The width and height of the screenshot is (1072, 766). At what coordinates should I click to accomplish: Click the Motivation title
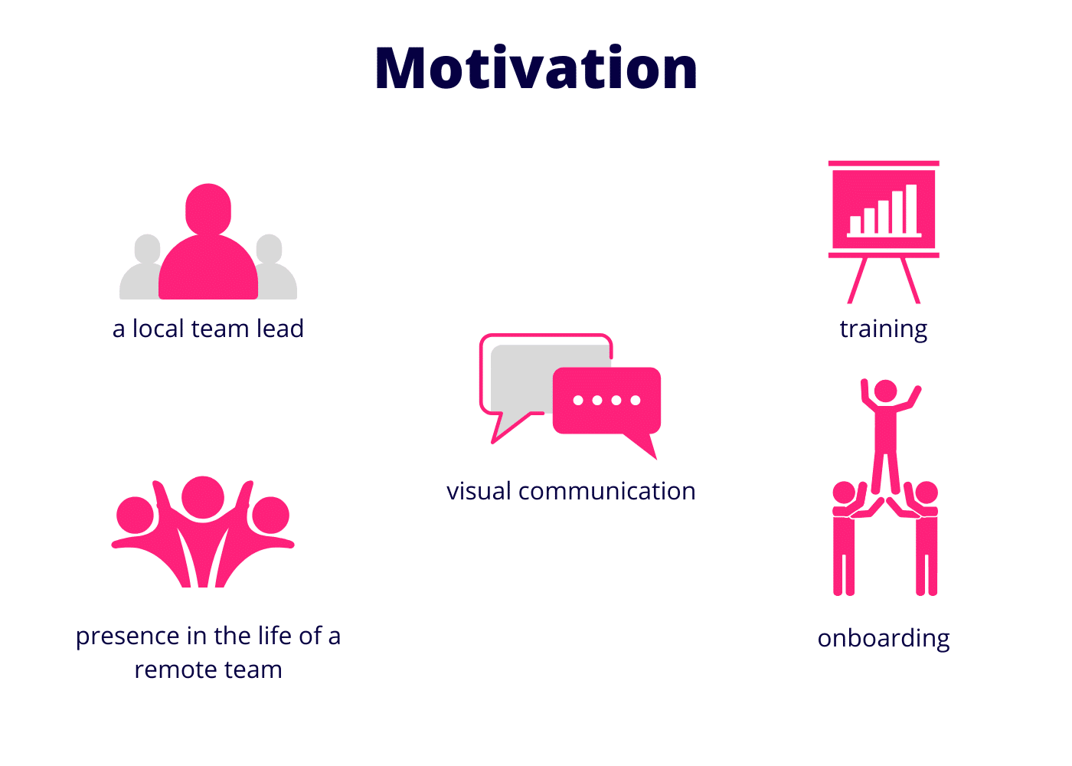pyautogui.click(x=536, y=67)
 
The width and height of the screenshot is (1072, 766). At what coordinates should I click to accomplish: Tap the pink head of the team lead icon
pyautogui.click(x=208, y=210)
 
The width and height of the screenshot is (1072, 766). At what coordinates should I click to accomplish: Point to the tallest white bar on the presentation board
pyautogui.click(x=911, y=209)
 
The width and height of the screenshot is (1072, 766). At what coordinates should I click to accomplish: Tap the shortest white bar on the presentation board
pyautogui.click(x=855, y=225)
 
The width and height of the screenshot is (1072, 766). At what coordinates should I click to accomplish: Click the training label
pyautogui.click(x=884, y=330)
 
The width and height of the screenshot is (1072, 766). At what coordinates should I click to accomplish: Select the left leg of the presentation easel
pyautogui.click(x=857, y=280)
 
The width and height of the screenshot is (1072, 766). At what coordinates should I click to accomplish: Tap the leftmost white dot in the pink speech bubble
pyautogui.click(x=578, y=400)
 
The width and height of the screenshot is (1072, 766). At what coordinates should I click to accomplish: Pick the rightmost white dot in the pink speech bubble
pyautogui.click(x=636, y=400)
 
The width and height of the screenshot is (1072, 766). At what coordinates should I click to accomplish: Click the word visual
pyautogui.click(x=479, y=491)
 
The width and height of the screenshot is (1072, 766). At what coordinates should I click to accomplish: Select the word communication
pyautogui.click(x=606, y=491)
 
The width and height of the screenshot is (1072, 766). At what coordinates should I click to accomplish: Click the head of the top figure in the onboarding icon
pyautogui.click(x=886, y=391)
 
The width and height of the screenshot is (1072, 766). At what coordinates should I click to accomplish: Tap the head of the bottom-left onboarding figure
pyautogui.click(x=844, y=493)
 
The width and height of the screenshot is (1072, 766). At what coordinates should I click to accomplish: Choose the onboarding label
pyautogui.click(x=884, y=639)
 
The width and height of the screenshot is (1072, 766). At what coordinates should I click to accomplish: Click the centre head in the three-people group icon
pyautogui.click(x=203, y=497)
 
